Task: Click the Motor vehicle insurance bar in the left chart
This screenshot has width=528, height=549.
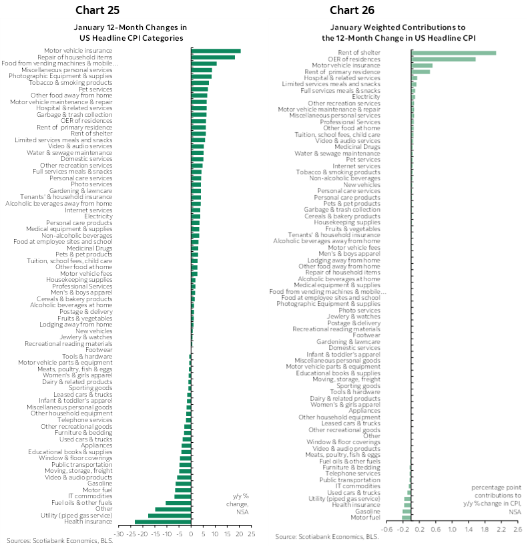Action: [x=216, y=51]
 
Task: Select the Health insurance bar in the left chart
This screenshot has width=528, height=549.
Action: [x=163, y=522]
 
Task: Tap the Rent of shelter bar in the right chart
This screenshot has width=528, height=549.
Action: [x=454, y=53]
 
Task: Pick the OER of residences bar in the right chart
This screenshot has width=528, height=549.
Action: [x=443, y=59]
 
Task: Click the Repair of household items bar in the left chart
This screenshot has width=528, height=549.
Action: [x=213, y=57]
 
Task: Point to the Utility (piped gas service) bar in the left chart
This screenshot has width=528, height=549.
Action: [x=170, y=516]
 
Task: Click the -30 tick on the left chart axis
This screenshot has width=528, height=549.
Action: [x=119, y=534]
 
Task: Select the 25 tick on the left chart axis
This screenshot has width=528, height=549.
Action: [x=252, y=534]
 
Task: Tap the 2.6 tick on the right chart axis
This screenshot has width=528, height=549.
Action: [x=517, y=530]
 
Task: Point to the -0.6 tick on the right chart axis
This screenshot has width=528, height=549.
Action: [x=386, y=530]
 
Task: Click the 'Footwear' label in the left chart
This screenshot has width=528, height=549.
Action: [x=99, y=349]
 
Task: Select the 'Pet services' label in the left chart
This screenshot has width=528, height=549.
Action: [x=95, y=89]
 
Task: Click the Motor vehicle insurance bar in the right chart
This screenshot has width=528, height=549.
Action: [x=422, y=65]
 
